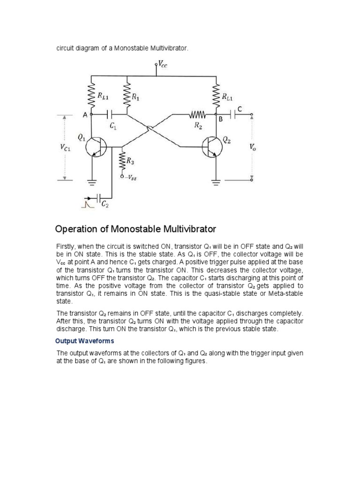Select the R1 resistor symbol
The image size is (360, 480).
(127, 97)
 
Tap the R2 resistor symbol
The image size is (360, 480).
(198, 114)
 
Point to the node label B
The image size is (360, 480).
(219, 120)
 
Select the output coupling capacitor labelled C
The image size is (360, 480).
(233, 114)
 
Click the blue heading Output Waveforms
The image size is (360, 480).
(84, 341)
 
